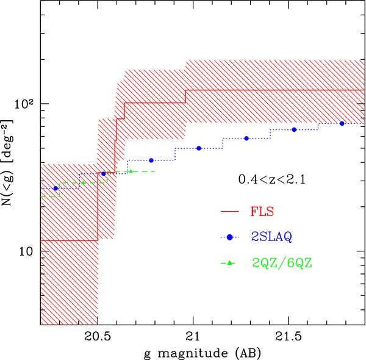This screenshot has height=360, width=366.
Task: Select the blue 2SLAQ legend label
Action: point(274,237)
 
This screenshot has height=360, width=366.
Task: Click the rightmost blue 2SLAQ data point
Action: point(342,123)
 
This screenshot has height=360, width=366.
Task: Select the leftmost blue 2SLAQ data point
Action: point(56,189)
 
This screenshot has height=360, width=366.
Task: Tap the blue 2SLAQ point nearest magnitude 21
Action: point(199,148)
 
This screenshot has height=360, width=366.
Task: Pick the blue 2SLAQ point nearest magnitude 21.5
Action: point(294,130)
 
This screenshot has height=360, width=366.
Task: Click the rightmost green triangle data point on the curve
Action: point(131,171)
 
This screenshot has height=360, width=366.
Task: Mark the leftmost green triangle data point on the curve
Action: point(84,182)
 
